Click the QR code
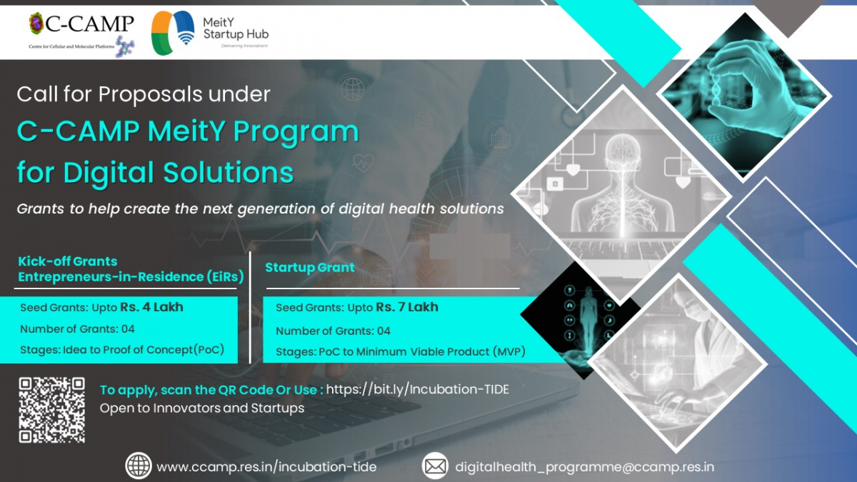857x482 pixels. point(52,410)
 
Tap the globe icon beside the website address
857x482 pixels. point(139,466)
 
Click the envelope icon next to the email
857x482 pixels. point(435,466)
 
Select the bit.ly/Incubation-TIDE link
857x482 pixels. point(417,389)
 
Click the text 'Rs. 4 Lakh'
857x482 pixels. point(152,307)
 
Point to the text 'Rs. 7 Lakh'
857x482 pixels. point(407,307)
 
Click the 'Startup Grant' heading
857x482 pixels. point(310,267)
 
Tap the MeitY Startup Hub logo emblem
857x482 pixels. point(173,33)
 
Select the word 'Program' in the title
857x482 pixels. point(296,132)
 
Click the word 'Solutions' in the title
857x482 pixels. point(229,172)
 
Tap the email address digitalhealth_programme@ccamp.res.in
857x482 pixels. point(585,467)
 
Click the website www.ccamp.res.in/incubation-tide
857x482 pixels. point(266,467)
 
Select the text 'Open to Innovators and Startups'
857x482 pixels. point(202,408)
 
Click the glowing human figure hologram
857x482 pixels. point(588,313)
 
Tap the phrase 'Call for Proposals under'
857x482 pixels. point(144,94)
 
